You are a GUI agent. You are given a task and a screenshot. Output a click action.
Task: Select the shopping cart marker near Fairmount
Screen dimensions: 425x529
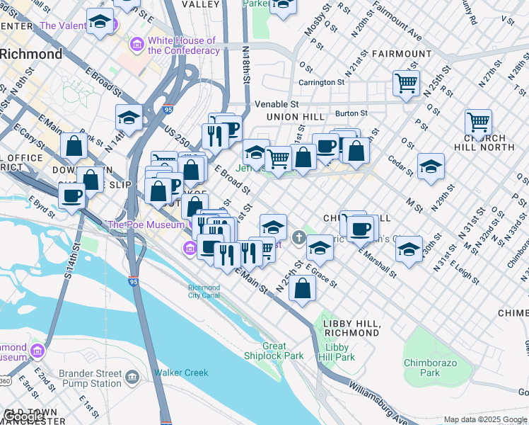406,83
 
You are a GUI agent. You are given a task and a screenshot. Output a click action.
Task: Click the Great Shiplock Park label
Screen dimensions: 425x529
274,351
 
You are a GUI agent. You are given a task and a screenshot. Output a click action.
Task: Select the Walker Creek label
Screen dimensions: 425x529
182,373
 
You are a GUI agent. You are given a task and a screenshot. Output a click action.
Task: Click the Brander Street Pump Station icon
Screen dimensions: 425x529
132,378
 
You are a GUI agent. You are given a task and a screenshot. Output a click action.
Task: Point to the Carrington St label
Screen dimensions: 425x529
321,82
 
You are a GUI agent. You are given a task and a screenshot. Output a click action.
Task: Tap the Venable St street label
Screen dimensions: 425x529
277,104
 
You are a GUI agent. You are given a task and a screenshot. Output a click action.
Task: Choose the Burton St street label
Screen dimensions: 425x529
351,113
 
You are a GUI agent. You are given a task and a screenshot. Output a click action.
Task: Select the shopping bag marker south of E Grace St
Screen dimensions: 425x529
302,289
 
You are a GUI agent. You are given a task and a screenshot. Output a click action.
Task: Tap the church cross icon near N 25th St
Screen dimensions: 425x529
299,237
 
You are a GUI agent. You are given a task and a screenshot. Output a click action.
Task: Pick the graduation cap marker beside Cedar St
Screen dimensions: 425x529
431,166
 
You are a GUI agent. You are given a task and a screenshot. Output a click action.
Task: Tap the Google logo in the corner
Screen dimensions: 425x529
23,416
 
